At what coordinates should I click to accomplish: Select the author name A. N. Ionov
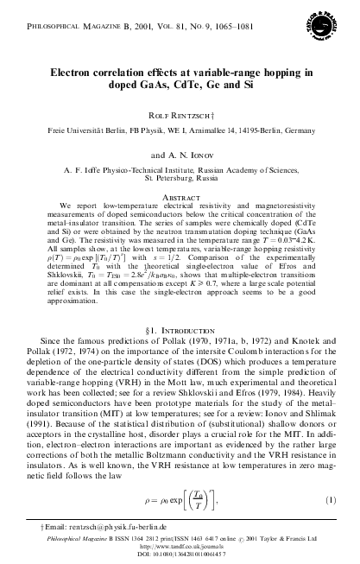point(180,149)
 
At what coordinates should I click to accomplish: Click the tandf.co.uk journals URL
point(180,549)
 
